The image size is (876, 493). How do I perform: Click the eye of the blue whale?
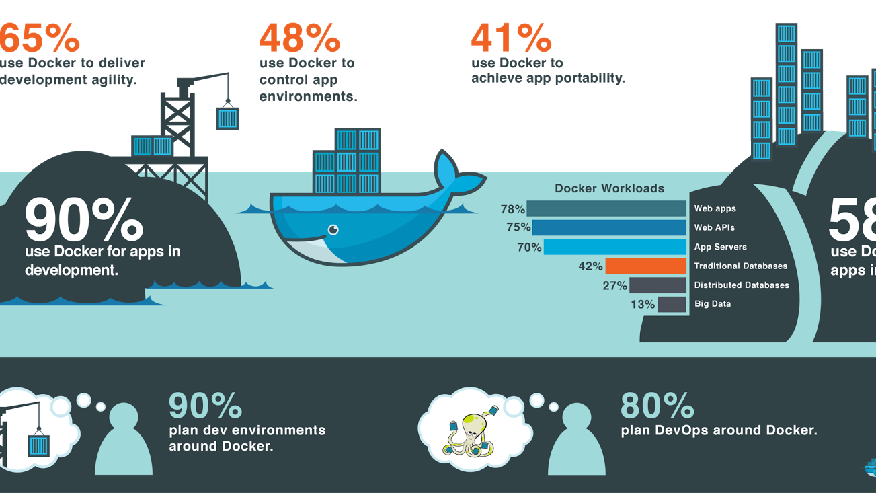(333, 231)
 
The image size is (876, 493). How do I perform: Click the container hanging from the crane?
(228, 118)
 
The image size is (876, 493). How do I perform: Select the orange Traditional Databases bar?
(645, 266)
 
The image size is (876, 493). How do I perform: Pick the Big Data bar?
(672, 305)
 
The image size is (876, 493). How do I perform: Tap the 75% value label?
(518, 228)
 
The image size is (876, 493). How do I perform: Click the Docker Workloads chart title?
(609, 188)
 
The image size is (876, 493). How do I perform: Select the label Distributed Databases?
(742, 285)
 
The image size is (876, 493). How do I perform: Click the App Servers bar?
(614, 247)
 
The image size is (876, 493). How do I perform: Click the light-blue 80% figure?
(657, 406)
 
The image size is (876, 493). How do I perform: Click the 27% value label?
(614, 286)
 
